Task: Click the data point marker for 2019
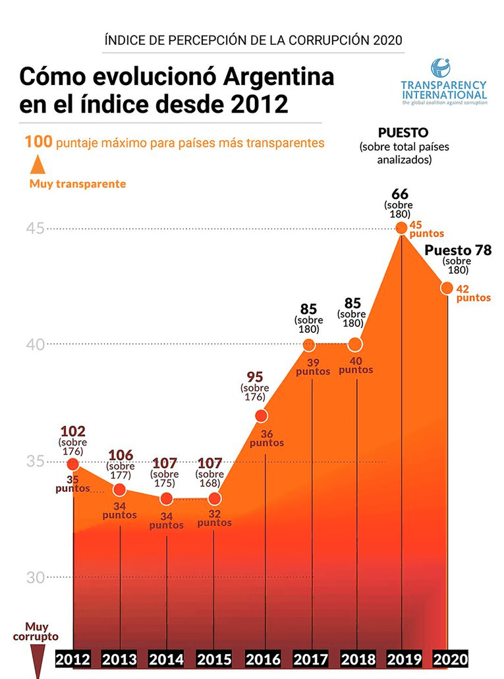tap(401, 228)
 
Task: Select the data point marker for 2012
tap(73, 465)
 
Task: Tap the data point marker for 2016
tap(261, 415)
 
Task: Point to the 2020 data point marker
tap(447, 287)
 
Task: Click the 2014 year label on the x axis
tap(166, 659)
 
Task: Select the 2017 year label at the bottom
tap(310, 659)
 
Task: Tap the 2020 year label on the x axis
tap(450, 659)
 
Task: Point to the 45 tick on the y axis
tap(35, 228)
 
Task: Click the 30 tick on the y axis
tap(35, 577)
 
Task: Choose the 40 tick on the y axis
tap(35, 344)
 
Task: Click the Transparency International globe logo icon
tap(441, 69)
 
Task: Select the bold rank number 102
tap(72, 431)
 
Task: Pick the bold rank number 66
tap(400, 194)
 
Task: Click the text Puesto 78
tap(458, 251)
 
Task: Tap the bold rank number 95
tap(255, 377)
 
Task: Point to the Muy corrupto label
tap(36, 632)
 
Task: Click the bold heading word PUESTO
tap(403, 133)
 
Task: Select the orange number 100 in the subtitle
tap(39, 142)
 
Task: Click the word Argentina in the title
tap(277, 77)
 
